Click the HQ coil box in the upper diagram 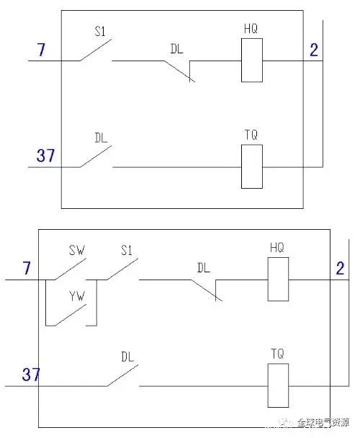[x=251, y=60]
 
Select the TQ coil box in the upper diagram [x=251, y=166]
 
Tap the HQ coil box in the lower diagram [x=278, y=279]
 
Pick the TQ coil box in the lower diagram [x=278, y=385]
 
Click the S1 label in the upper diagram [x=100, y=31]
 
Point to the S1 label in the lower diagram [x=126, y=250]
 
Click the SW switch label [x=77, y=250]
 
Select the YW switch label [x=77, y=296]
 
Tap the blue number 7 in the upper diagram [x=41, y=50]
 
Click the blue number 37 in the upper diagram [x=45, y=156]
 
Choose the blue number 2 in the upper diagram [x=314, y=50]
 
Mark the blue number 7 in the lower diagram [x=26, y=267]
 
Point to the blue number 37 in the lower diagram [x=31, y=375]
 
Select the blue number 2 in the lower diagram [x=340, y=268]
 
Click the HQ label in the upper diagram [x=251, y=29]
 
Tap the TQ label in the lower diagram [x=277, y=354]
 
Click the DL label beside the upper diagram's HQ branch [x=176, y=49]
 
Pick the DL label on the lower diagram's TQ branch [x=127, y=357]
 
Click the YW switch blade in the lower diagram [x=71, y=315]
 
